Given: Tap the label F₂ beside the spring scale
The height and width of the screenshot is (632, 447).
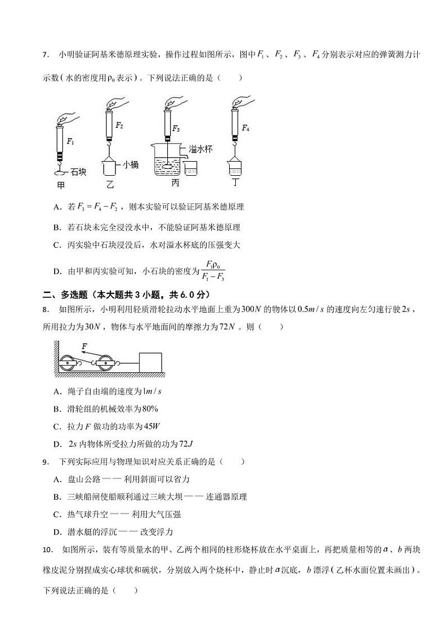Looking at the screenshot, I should (119, 125).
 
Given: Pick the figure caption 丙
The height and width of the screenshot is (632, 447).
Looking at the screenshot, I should (176, 183).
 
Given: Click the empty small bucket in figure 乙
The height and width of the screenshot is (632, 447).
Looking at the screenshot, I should (110, 168).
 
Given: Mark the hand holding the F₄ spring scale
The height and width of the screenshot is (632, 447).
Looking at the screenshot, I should (240, 103).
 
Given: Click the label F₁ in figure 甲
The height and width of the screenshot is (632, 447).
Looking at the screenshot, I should (70, 141).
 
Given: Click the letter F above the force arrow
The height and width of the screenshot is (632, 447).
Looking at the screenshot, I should (84, 346).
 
